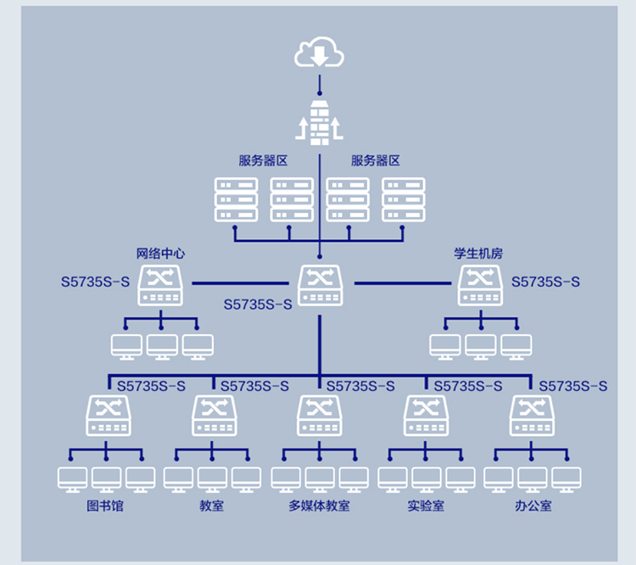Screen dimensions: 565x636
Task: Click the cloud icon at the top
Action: [320, 53]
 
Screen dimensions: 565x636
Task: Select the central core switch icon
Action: [320, 285]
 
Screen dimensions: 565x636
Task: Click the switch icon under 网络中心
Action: [160, 285]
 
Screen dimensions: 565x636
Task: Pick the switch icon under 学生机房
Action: [480, 285]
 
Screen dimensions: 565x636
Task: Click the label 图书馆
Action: [106, 506]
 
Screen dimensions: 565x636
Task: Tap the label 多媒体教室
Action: [319, 506]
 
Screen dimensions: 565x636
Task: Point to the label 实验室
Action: [425, 506]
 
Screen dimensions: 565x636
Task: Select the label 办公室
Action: [533, 506]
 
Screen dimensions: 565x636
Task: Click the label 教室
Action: [212, 506]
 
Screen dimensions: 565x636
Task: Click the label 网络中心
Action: [160, 253]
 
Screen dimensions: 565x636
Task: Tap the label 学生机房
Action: [479, 253]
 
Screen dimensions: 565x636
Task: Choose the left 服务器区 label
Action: [263, 160]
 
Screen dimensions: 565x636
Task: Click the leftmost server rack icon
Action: [236, 200]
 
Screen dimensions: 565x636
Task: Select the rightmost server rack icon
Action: [403, 200]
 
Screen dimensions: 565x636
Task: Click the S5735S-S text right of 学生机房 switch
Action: [546, 282]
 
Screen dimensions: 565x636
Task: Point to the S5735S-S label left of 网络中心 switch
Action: [95, 282]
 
